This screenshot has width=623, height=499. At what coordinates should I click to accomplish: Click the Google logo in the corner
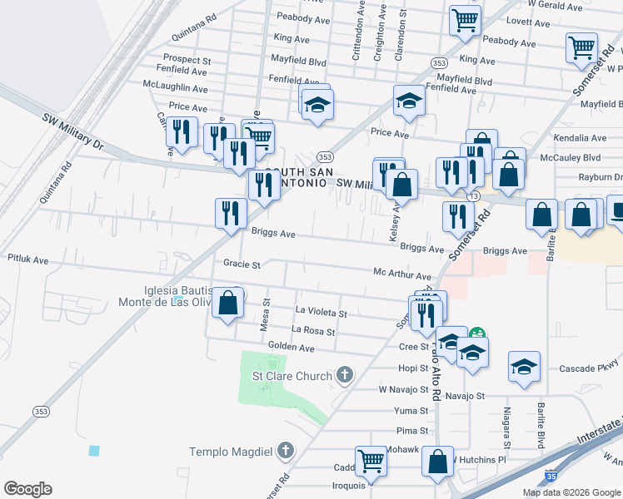click(x=27, y=489)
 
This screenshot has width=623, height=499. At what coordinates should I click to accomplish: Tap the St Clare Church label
click(x=292, y=376)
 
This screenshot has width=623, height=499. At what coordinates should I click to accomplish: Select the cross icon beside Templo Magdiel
click(x=286, y=451)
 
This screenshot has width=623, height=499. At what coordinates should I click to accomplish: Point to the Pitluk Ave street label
click(x=28, y=260)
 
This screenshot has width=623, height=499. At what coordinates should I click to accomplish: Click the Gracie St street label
click(x=242, y=264)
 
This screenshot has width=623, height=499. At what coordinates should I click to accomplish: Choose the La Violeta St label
click(x=321, y=314)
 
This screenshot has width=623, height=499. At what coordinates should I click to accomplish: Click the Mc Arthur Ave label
click(x=401, y=274)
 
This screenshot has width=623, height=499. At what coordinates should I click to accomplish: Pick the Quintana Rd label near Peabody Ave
click(x=193, y=38)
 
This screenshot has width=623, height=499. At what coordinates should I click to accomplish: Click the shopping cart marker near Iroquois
click(x=371, y=460)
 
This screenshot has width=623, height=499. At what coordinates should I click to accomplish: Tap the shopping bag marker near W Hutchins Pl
click(x=437, y=461)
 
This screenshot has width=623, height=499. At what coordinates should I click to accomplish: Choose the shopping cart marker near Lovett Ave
click(x=465, y=20)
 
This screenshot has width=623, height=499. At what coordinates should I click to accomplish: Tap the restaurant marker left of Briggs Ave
click(x=231, y=213)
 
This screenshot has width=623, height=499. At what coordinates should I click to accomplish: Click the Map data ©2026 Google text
click(x=571, y=492)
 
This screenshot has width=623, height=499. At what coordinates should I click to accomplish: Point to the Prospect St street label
click(x=187, y=60)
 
